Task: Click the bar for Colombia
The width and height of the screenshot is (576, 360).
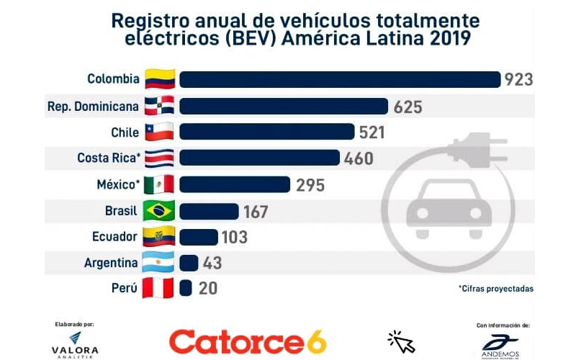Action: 340,79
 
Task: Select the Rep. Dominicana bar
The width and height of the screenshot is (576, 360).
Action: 284,106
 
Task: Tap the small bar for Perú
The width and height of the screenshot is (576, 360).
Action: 186,288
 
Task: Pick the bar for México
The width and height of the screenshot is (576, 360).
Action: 235,184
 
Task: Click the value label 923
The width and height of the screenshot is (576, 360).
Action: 518,80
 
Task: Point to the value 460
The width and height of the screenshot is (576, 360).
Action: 359,158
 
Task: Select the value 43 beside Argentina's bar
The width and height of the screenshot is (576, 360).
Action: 212,263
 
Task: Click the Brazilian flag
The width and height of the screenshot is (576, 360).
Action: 158,210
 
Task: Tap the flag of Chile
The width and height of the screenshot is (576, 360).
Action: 159,132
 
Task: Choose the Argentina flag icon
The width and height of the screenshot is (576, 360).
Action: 158,262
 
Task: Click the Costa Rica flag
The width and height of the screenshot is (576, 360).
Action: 159,158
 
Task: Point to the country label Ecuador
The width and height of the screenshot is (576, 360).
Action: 114,237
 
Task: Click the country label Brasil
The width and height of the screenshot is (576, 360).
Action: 121,211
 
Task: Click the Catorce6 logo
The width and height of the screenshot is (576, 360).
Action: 248,342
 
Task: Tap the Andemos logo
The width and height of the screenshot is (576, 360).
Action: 500,347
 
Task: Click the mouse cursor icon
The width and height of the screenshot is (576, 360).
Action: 401,341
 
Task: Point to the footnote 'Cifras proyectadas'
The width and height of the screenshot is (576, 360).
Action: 496,289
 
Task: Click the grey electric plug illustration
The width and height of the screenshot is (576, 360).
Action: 477,150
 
